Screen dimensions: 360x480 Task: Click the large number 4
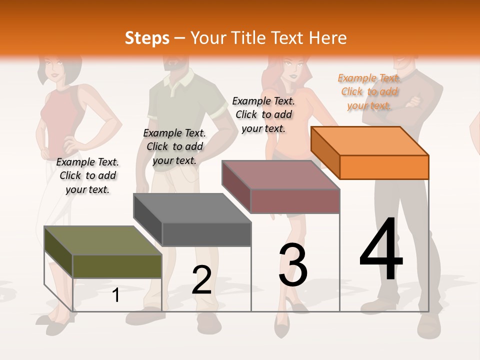pos(381,250)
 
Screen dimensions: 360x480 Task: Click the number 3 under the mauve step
pos(293,265)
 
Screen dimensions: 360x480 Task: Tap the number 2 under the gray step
pos(201,280)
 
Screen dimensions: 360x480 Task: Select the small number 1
pos(116,295)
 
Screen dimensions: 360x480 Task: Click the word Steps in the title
pos(147,38)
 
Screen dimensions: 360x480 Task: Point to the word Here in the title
pos(327,38)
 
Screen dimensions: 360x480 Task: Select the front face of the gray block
pos(206,234)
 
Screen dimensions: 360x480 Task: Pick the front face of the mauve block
pos(295,201)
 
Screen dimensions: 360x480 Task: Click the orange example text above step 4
pos(369,91)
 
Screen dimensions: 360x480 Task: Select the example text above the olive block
pos(87,175)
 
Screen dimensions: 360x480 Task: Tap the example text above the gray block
pos(174,146)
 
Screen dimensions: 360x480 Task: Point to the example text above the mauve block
pos(263,114)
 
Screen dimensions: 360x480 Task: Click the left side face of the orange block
pos(325,154)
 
